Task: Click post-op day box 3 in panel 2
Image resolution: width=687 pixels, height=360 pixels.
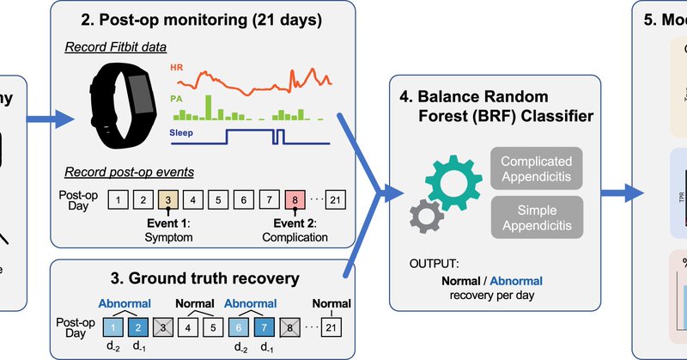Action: click(x=167, y=200)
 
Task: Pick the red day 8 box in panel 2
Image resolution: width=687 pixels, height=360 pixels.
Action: click(x=297, y=200)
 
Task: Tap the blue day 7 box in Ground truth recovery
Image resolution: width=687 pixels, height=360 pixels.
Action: click(x=264, y=326)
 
